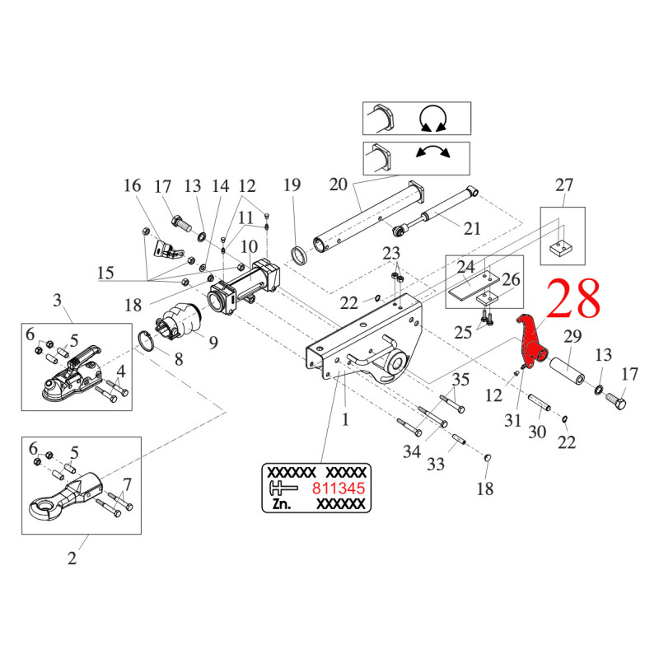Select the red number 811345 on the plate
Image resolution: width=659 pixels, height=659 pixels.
338,488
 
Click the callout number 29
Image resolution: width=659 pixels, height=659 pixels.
572,335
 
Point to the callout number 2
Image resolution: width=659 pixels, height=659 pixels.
72,559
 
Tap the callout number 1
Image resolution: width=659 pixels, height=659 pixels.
346,419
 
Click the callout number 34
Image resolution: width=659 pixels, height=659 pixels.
412,451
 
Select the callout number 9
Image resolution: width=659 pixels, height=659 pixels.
213,342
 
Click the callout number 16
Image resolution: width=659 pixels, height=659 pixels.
133,185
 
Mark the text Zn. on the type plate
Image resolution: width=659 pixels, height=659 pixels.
279,504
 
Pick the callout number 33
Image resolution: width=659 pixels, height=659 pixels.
436,465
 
